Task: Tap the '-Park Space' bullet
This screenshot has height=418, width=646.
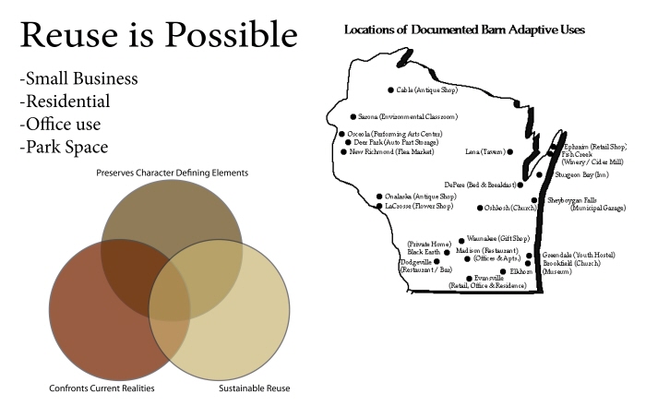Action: pyautogui.click(x=64, y=146)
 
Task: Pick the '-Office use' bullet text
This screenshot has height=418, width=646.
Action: pyautogui.click(x=60, y=124)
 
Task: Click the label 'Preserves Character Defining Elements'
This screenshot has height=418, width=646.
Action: pyautogui.click(x=172, y=173)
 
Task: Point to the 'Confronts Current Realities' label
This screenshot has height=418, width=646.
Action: pyautogui.click(x=102, y=388)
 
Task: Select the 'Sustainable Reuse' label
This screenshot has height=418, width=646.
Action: pyautogui.click(x=254, y=388)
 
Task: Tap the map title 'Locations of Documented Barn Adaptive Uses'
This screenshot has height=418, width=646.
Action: pyautogui.click(x=464, y=30)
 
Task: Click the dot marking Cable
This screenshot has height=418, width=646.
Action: pyautogui.click(x=390, y=90)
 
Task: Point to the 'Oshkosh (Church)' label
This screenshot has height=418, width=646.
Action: pyautogui.click(x=510, y=208)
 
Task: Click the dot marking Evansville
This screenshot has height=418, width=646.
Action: pyautogui.click(x=469, y=278)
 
